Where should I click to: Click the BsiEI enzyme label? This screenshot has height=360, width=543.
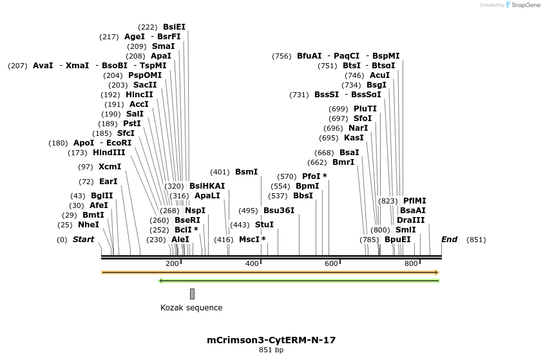(x=174, y=27)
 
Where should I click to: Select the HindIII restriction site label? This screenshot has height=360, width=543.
(x=109, y=153)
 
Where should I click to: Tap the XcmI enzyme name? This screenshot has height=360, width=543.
(x=110, y=167)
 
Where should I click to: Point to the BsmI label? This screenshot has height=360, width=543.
(x=246, y=172)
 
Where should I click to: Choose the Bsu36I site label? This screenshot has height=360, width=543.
(x=279, y=211)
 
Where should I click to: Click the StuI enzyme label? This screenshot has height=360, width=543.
(x=264, y=225)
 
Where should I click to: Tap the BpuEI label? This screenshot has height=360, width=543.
(x=397, y=240)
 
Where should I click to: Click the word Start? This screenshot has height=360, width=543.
(x=83, y=240)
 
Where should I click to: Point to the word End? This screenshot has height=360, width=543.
(x=449, y=240)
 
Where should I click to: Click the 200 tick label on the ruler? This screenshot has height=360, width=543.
(x=172, y=264)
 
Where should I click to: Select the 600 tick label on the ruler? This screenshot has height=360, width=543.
(x=331, y=264)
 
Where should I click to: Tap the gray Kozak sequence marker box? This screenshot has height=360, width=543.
(x=192, y=294)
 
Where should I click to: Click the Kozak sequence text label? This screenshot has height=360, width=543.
(x=191, y=308)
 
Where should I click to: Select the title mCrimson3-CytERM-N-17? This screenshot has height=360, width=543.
(x=271, y=339)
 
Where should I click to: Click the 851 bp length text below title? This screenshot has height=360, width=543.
(x=271, y=350)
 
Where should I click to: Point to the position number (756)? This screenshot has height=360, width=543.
(x=282, y=56)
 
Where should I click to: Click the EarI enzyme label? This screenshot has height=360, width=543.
(x=108, y=182)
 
